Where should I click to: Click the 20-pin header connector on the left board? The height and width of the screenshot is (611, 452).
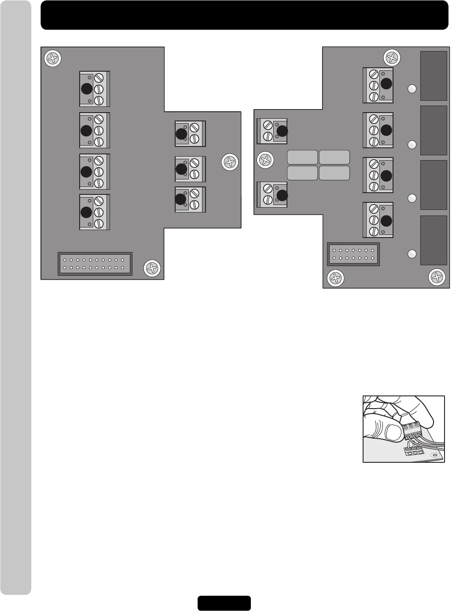point(95,263)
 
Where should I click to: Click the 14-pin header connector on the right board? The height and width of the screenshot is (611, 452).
point(353,254)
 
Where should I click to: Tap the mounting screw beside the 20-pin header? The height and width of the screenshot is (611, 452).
point(152,268)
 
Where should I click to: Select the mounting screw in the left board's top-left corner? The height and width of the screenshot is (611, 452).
point(53,59)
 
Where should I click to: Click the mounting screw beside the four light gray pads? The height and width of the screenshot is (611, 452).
point(265,159)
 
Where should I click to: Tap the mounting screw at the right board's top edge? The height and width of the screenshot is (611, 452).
point(392,58)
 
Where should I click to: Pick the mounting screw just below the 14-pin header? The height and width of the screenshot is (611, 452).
point(335,278)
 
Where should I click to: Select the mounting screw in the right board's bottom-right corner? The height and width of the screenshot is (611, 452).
point(437,277)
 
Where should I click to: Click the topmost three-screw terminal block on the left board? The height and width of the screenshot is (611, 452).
point(94,89)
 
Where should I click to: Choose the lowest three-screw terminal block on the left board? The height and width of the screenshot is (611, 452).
point(94,212)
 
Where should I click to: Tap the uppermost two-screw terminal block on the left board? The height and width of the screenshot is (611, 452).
point(190,134)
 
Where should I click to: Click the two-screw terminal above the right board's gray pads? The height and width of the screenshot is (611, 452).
point(272,131)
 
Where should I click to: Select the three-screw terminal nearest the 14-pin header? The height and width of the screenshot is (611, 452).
point(378,220)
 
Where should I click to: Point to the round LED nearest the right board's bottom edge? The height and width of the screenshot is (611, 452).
point(412,254)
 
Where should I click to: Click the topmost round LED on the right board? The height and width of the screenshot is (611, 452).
point(412,89)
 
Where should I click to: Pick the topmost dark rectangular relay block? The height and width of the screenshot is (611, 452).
point(434,76)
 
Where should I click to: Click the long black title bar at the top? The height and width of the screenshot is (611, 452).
point(244,15)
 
